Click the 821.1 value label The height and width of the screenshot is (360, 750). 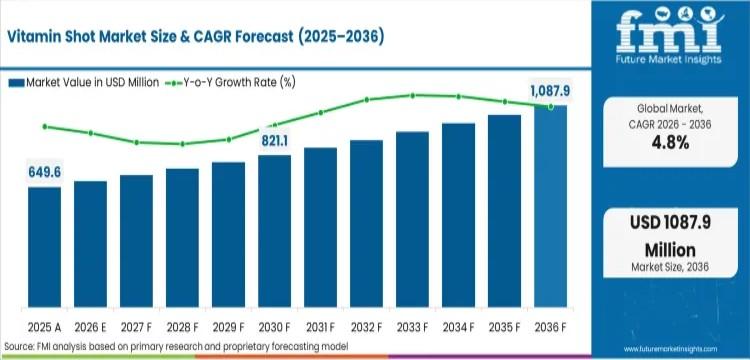click(x=274, y=141)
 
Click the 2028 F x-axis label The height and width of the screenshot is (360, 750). click(x=182, y=326)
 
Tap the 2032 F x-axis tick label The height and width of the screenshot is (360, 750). click(x=366, y=326)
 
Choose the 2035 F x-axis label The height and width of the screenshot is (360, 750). click(x=504, y=326)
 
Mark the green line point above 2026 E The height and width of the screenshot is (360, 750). click(x=91, y=133)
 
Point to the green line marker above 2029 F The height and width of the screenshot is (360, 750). click(x=228, y=140)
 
